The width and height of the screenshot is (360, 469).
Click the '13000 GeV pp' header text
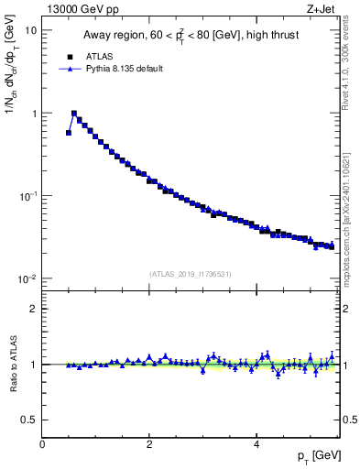pyautogui.click(x=81, y=10)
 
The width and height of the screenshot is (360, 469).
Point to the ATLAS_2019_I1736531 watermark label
pyautogui.click(x=191, y=273)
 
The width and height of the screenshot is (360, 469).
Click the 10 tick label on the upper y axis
pyautogui.click(x=30, y=30)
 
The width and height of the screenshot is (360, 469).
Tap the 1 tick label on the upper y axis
pyautogui.click(x=33, y=114)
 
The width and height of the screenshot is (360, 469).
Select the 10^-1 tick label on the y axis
pyautogui.click(x=27, y=196)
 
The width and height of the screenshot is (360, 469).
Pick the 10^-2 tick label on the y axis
pyautogui.click(x=27, y=279)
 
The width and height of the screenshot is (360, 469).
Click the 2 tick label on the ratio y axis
pyautogui.click(x=33, y=309)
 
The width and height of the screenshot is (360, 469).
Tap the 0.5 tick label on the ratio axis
pyautogui.click(x=29, y=420)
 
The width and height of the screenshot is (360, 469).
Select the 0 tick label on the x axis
pyautogui.click(x=42, y=443)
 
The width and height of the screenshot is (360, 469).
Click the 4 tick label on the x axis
pyautogui.click(x=256, y=443)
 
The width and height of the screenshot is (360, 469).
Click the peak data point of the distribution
pyautogui.click(x=74, y=114)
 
